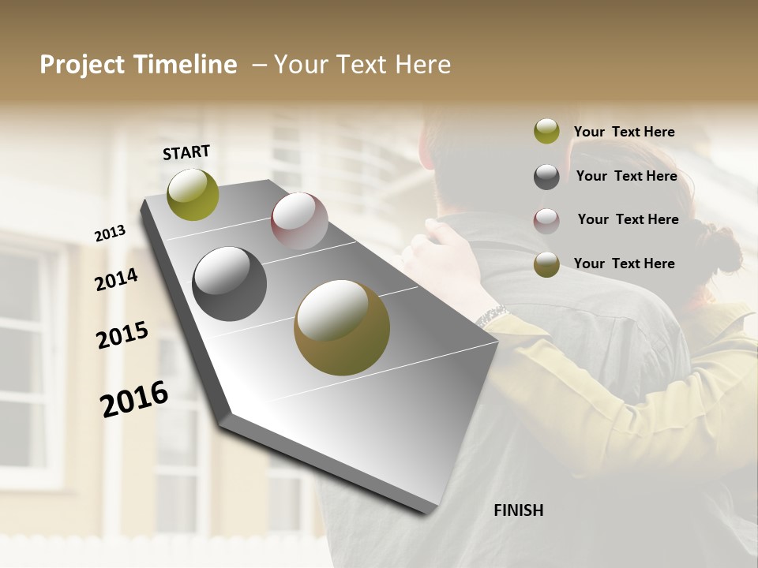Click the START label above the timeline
tap(186, 152)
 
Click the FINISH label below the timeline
tap(518, 510)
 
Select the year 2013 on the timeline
tap(110, 234)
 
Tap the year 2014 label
tap(116, 279)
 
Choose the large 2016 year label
tap(134, 399)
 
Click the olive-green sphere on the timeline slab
tap(193, 195)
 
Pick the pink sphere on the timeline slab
tap(299, 221)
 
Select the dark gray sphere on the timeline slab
tap(229, 284)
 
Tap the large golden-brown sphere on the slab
tap(342, 327)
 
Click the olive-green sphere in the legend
tap(546, 131)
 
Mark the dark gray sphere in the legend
tap(546, 177)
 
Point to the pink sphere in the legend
tap(546, 221)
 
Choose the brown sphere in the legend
tap(546, 264)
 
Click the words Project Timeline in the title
tap(138, 65)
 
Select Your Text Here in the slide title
tap(362, 65)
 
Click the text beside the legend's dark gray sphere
tap(626, 176)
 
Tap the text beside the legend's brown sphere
tap(624, 263)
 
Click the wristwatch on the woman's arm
tap(492, 316)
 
